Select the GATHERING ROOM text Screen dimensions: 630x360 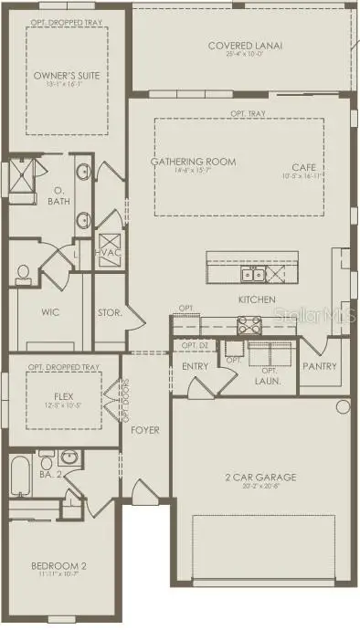(x=193, y=162)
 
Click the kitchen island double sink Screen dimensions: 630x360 (x=252, y=274)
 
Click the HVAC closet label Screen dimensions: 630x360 (x=109, y=252)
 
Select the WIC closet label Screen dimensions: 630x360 (x=51, y=311)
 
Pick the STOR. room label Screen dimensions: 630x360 (x=110, y=311)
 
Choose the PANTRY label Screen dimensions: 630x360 (x=320, y=366)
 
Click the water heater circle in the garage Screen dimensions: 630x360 (x=344, y=406)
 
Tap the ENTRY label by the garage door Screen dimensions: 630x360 (x=196, y=366)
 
